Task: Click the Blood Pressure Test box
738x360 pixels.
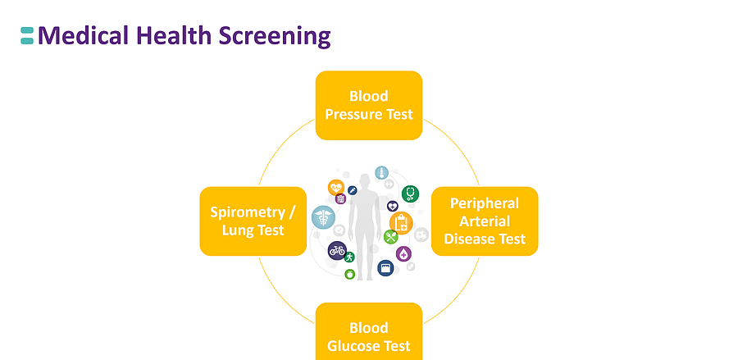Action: [369, 105]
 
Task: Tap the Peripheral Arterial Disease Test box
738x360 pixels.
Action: [485, 221]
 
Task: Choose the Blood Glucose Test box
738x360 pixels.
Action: [369, 335]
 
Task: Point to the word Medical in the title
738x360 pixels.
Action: [84, 36]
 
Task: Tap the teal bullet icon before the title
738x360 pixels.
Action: [27, 35]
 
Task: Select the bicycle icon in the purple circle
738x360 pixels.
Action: [337, 251]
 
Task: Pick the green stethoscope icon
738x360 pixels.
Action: [410, 194]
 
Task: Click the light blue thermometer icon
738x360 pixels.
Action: [380, 173]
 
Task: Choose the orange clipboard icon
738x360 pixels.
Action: [401, 221]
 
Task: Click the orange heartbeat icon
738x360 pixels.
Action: [336, 188]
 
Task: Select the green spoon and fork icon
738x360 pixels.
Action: [391, 237]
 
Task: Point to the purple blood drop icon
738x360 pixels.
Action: [403, 254]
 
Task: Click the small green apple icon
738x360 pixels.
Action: [350, 275]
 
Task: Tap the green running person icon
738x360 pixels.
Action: [350, 257]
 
